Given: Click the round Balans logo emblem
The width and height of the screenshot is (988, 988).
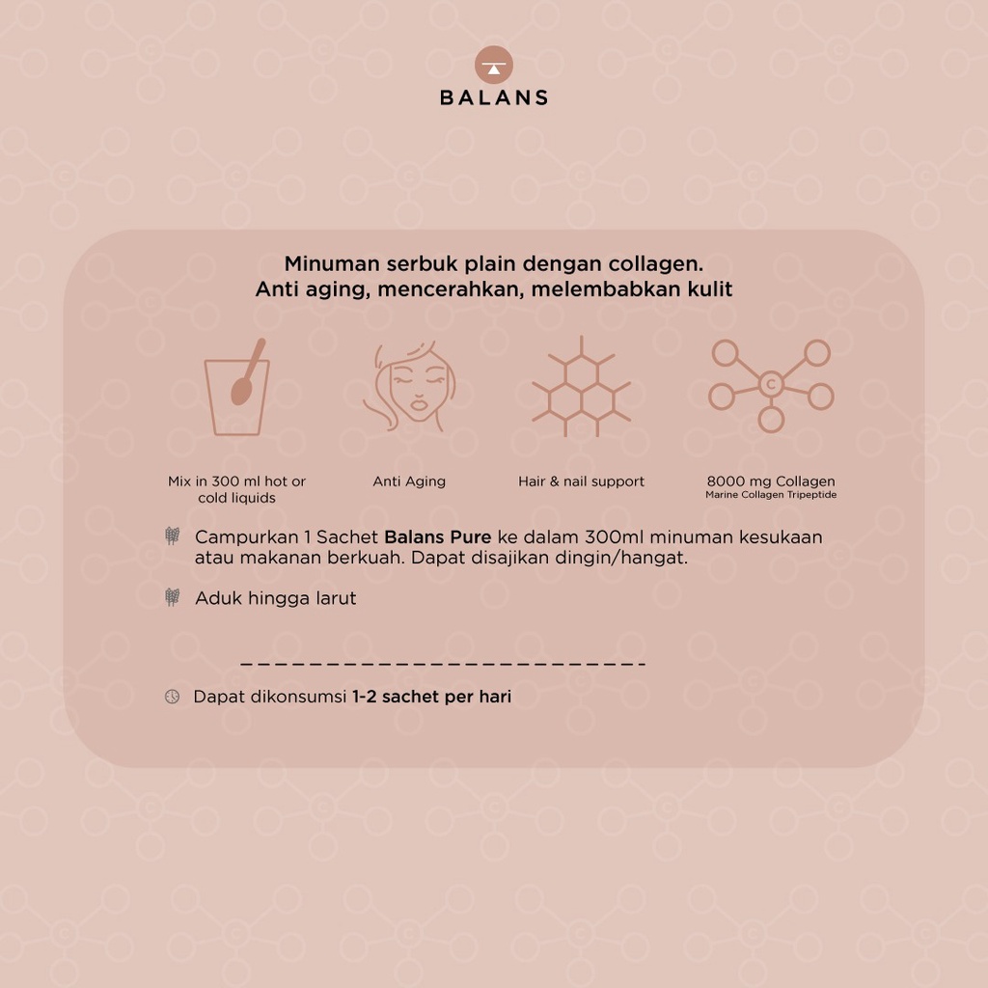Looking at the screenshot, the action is coord(493,65).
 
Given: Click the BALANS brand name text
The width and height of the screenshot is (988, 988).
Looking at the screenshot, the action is coord(494,97).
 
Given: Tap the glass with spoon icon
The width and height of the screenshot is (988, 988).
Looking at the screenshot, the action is coord(237,388).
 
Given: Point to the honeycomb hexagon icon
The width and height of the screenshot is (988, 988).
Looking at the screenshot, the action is coord(581,386).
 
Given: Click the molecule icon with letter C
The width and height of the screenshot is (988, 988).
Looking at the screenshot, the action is coord(771,386).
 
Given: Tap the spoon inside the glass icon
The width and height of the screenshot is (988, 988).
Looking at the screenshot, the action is coord(247,372).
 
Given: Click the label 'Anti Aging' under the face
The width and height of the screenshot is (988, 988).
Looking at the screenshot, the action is coord(409,481).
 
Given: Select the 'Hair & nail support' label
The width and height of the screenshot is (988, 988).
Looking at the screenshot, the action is coord(581,481).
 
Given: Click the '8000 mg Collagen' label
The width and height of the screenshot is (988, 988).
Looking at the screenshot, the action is coord(771,481).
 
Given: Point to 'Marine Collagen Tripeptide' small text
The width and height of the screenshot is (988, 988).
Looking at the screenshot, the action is coord(771,495).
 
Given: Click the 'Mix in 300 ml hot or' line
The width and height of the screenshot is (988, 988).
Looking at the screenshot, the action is coord(237,481).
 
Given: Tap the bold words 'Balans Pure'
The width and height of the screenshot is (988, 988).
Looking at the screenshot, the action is coord(438,536).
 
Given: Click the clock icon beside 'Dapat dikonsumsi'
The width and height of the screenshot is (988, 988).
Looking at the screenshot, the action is coord(172,697).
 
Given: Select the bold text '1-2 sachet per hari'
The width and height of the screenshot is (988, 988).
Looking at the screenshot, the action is coord(431,697).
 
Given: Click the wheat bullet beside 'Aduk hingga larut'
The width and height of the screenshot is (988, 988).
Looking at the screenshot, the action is coord(172,596).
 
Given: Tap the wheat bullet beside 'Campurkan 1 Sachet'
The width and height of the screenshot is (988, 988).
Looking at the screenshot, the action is coord(172,536).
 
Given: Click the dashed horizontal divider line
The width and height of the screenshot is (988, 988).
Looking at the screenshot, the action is coord(443,664).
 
